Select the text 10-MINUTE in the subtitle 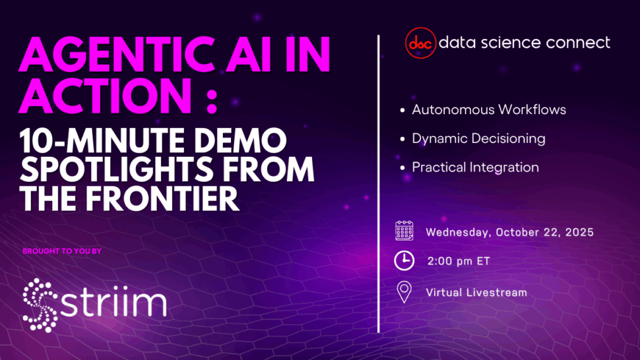tap(102, 140)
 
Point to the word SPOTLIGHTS tap(117, 169)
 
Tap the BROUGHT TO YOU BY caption tap(62, 251)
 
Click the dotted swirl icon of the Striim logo tap(40, 305)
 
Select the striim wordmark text tap(113, 302)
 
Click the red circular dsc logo tap(420, 43)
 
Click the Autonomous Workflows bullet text tap(489, 109)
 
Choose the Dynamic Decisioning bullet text tap(478, 138)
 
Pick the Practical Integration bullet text tap(475, 167)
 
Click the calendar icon tap(404, 231)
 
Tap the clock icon tap(404, 260)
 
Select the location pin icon tap(404, 292)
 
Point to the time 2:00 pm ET tap(459, 261)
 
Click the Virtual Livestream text tap(476, 292)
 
